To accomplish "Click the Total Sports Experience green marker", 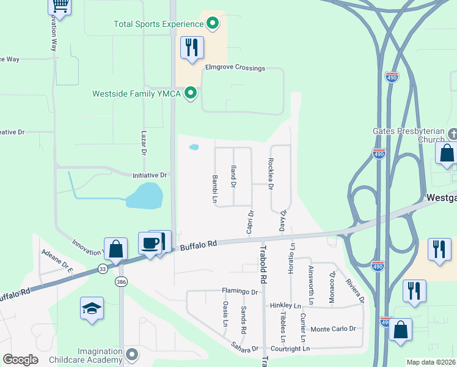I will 213,24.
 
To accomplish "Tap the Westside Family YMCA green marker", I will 191,94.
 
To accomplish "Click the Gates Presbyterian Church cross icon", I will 453,133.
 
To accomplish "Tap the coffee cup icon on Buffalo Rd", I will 150,243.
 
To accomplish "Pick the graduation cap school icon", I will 92,308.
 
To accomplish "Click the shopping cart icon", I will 59,6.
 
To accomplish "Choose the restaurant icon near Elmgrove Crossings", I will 192,47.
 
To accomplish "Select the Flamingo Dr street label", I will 240,292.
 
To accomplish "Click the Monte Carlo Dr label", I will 334,329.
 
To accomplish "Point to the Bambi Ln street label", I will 215,188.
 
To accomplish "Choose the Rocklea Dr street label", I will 271,173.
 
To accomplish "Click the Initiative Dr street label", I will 150,175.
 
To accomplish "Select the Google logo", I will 21,360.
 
